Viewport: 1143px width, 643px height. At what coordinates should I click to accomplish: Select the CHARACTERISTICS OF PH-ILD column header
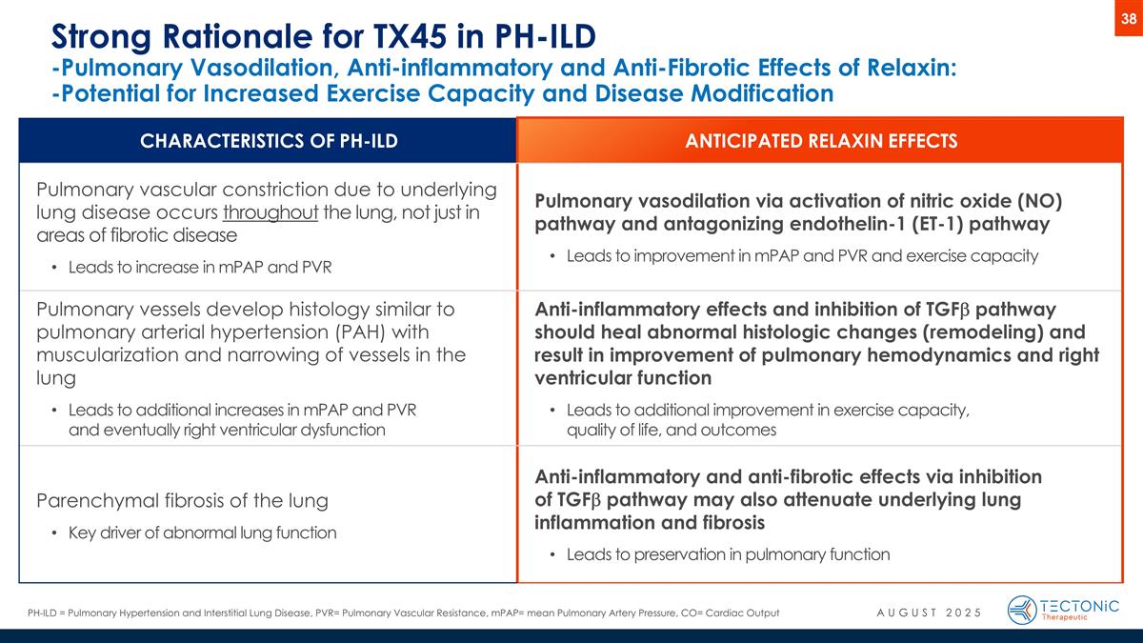(x=268, y=142)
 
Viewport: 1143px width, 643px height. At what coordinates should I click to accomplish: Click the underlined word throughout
(x=278, y=211)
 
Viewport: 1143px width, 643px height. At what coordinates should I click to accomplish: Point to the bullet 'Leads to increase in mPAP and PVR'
(x=200, y=266)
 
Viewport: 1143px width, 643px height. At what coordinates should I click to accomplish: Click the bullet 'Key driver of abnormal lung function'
(x=202, y=532)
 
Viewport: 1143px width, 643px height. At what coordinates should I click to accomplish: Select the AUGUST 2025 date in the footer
(x=929, y=612)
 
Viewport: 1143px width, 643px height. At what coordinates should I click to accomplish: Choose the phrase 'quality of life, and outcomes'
(x=672, y=430)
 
